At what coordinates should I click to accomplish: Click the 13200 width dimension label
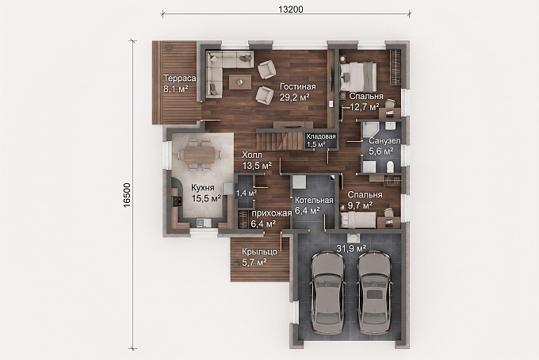point(290,10)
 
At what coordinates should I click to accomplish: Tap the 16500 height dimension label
point(127,195)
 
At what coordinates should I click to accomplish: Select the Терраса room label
point(179,78)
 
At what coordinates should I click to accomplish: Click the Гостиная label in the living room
point(298,86)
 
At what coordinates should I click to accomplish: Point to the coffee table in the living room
point(240,82)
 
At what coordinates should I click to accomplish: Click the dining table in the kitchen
point(200,155)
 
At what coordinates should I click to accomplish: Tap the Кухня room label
point(203,188)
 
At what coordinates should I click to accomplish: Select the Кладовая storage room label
point(321,136)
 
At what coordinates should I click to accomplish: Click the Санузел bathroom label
point(384,140)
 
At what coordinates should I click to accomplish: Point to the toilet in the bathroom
point(391,167)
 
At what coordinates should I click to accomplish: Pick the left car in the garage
point(327,292)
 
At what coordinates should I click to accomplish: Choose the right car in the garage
point(374,292)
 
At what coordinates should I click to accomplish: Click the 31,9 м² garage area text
point(350,247)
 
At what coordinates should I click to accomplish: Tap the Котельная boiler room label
point(314,200)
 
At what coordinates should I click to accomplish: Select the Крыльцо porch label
point(259,252)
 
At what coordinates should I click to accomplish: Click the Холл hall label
point(252,155)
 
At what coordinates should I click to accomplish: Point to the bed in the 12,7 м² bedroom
point(357,77)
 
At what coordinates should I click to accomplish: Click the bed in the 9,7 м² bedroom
point(358,220)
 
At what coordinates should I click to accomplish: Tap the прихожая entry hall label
point(272,213)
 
